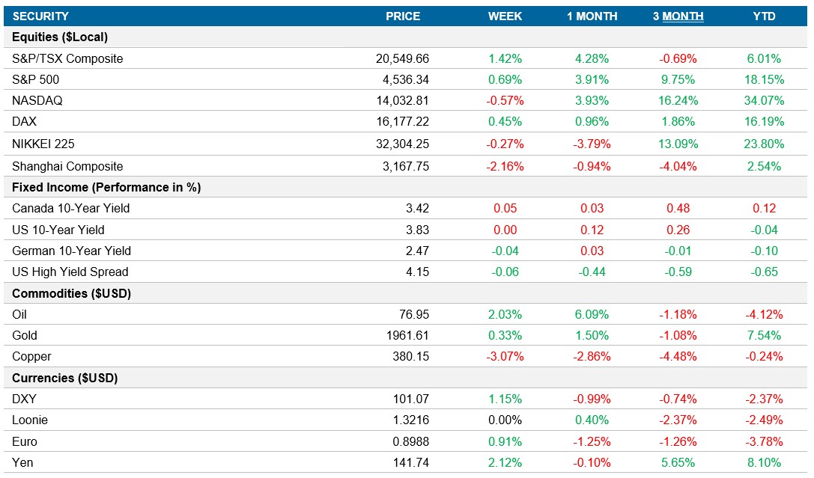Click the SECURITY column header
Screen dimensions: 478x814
pyautogui.click(x=40, y=16)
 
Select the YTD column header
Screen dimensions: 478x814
pyautogui.click(x=764, y=16)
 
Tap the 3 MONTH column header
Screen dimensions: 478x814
pyautogui.click(x=678, y=16)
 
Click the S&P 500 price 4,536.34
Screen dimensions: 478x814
pyautogui.click(x=403, y=79)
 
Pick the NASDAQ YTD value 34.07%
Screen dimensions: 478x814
pyautogui.click(x=764, y=100)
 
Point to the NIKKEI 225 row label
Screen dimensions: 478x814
pyautogui.click(x=43, y=144)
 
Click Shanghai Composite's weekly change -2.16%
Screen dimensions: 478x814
pyautogui.click(x=505, y=166)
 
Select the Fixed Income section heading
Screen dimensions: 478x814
pyautogui.click(x=106, y=187)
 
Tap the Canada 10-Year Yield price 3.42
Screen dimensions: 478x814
pyautogui.click(x=416, y=208)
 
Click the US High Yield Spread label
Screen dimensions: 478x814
pyautogui.click(x=70, y=272)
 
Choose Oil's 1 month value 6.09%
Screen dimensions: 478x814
pyautogui.click(x=592, y=314)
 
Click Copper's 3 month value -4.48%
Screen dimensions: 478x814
pyautogui.click(x=678, y=356)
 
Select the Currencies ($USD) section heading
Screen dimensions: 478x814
pyautogui.click(x=65, y=378)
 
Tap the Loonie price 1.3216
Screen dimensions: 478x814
pyautogui.click(x=410, y=420)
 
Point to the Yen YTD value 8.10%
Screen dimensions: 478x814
pyautogui.click(x=764, y=462)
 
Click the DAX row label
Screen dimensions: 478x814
pyautogui.click(x=24, y=121)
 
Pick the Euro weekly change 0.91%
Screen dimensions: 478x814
pyautogui.click(x=505, y=441)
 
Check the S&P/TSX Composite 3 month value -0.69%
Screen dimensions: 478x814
pyautogui.click(x=678, y=58)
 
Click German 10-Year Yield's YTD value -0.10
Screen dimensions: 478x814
pyautogui.click(x=764, y=251)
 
